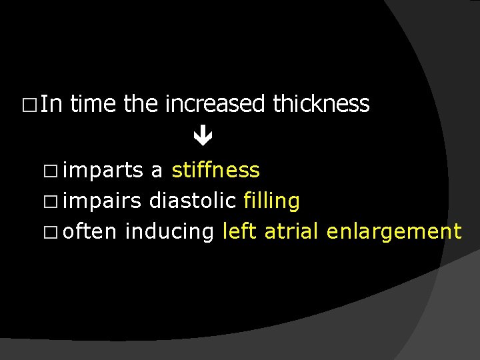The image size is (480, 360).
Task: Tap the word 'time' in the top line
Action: pyautogui.click(x=94, y=104)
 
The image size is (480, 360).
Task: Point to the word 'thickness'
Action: pyautogui.click(x=321, y=104)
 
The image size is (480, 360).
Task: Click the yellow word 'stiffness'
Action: pyautogui.click(x=215, y=171)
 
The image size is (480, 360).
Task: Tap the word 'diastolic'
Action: pyautogui.click(x=193, y=201)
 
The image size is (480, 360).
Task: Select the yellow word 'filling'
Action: pyautogui.click(x=271, y=201)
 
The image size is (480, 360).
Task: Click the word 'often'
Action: pyautogui.click(x=91, y=231)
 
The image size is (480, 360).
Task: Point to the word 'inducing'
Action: pyautogui.click(x=169, y=232)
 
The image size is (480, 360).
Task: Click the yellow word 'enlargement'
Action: pyautogui.click(x=394, y=232)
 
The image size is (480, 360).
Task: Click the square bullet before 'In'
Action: pyautogui.click(x=28, y=105)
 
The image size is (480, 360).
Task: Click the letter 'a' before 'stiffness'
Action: pyautogui.click(x=157, y=172)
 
